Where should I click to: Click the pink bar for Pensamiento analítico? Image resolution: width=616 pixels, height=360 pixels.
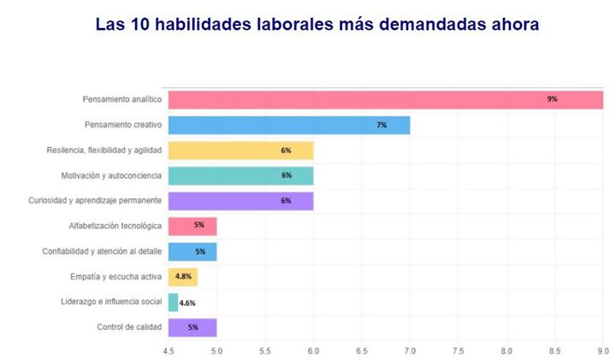click(x=385, y=99)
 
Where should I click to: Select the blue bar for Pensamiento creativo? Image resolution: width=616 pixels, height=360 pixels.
click(x=288, y=125)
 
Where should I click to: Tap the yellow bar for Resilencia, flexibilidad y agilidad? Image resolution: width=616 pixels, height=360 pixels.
click(x=240, y=150)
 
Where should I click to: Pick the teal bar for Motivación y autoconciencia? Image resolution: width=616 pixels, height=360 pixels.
click(x=240, y=175)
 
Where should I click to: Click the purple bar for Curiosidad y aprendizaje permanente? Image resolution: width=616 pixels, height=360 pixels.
click(x=240, y=201)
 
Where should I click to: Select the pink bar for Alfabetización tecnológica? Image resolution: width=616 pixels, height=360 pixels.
click(x=192, y=226)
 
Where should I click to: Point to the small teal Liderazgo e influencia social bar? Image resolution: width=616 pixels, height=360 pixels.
click(x=173, y=302)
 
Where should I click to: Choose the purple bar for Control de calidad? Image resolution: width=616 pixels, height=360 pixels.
click(x=192, y=328)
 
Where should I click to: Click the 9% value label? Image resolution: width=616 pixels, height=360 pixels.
click(x=552, y=99)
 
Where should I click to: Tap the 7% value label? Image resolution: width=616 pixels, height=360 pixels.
click(x=382, y=125)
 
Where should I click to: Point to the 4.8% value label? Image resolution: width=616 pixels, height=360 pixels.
click(x=183, y=277)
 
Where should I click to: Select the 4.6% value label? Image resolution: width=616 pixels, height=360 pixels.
click(x=188, y=303)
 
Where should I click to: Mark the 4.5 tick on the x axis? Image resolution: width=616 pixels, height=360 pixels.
click(x=169, y=350)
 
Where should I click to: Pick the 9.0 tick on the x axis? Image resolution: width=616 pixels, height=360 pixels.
click(x=602, y=350)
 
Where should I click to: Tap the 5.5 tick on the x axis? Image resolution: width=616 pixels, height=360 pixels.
click(x=265, y=350)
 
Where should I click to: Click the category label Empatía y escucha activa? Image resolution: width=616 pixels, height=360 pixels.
click(x=115, y=277)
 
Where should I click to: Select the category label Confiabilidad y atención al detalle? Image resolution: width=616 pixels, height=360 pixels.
click(x=102, y=251)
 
